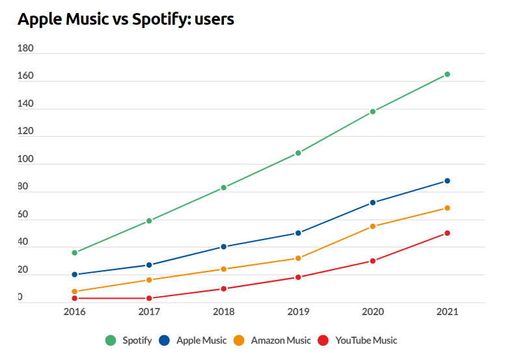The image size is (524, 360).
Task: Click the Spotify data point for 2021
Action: point(447,74)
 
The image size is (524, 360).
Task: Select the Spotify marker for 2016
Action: point(75,253)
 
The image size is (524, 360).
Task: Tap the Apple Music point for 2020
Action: point(373,202)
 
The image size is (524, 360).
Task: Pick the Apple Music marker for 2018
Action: point(224,247)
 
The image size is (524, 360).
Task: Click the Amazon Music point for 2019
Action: point(298,258)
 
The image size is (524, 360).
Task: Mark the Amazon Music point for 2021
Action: point(447,208)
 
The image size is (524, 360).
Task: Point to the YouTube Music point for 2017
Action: point(149,298)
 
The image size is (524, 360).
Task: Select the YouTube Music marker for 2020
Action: point(373,261)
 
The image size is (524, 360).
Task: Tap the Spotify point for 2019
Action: point(298,153)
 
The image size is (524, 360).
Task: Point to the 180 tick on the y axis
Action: point(26,49)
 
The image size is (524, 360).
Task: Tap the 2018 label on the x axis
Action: point(224,312)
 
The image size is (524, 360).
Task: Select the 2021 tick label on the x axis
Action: point(447,312)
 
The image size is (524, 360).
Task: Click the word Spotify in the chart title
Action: point(159,20)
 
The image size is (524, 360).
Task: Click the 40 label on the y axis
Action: point(23,242)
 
